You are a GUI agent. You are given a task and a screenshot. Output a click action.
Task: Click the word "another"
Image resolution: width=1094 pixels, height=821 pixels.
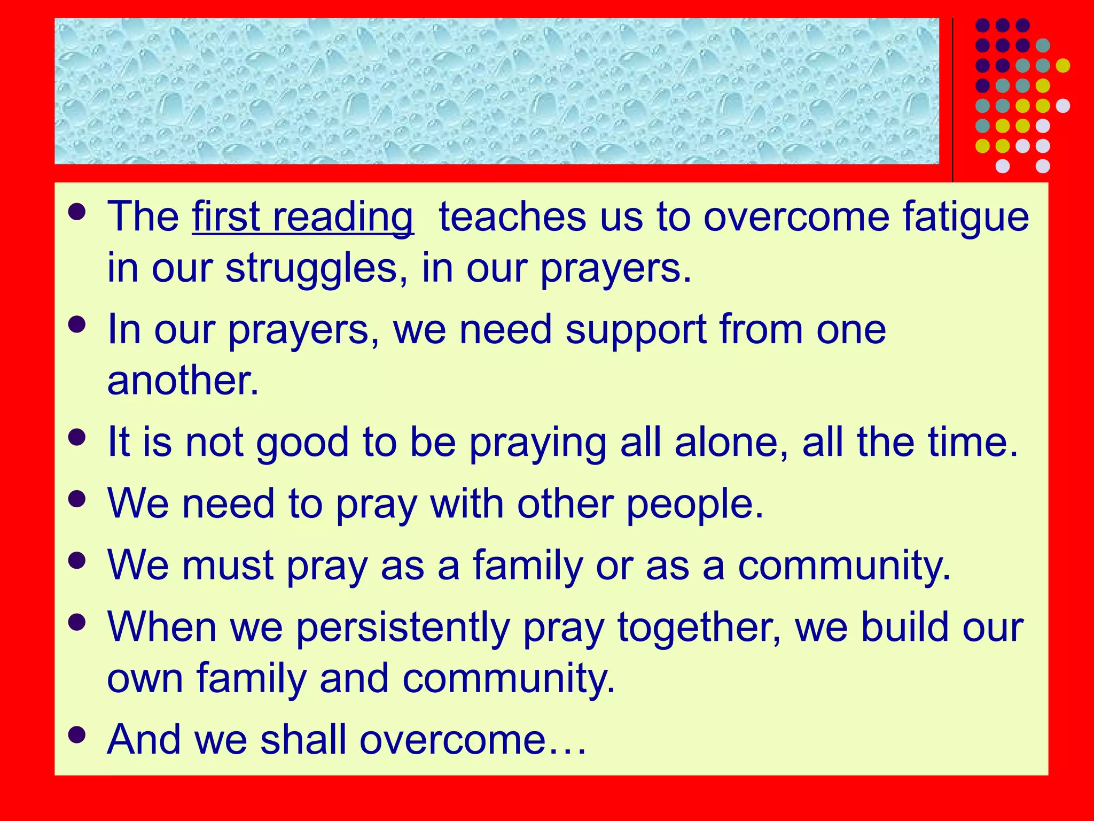point(183,381)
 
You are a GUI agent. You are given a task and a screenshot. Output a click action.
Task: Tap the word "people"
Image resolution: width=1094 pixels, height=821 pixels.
point(694,505)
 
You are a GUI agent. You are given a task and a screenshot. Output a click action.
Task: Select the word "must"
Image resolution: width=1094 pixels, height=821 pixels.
point(228,566)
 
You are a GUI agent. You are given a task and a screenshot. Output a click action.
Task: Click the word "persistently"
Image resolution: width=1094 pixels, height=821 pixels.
point(403,628)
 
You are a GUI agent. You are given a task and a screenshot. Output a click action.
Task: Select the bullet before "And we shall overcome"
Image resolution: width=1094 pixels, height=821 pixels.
point(77,735)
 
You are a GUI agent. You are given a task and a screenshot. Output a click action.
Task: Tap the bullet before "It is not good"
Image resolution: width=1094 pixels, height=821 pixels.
point(77,438)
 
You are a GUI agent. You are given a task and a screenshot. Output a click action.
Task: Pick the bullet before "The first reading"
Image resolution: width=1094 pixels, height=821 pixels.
point(77,212)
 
